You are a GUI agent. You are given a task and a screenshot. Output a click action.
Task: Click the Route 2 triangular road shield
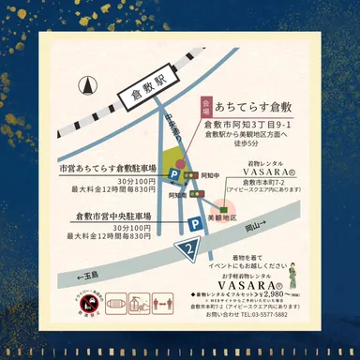[192, 248]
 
